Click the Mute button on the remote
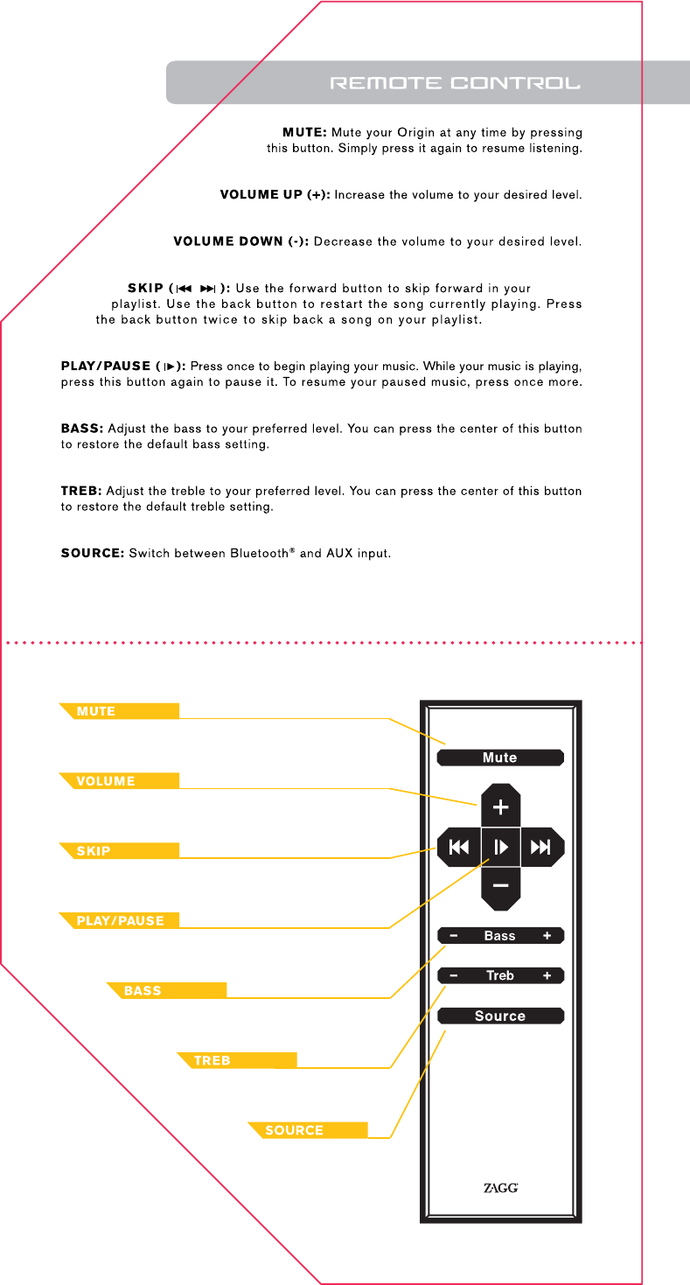[500, 758]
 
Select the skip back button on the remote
[458, 847]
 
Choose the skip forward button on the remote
[542, 847]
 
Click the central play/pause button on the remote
[500, 847]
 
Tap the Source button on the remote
[500, 1016]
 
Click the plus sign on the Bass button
[547, 936]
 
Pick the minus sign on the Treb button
[454, 975]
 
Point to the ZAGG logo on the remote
[500, 1188]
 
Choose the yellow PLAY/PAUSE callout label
[120, 920]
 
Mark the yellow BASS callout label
[166, 990]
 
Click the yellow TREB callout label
[237, 1060]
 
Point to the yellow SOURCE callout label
[307, 1130]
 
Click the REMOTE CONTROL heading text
[455, 84]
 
